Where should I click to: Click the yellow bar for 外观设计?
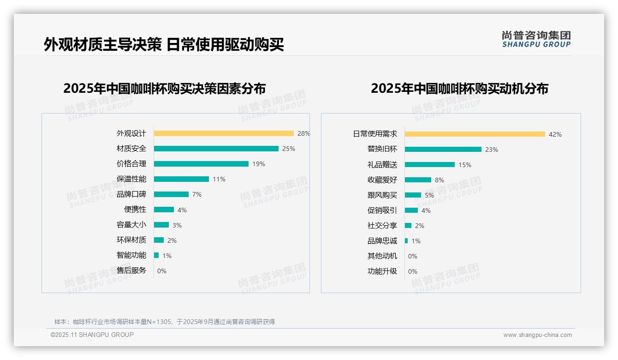click(224, 133)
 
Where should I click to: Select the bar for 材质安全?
click(216, 149)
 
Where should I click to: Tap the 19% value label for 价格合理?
click(258, 164)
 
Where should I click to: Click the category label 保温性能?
click(131, 179)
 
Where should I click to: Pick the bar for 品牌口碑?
click(171, 194)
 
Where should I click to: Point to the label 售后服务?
click(131, 270)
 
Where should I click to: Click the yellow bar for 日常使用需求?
click(475, 134)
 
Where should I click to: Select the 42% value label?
click(555, 134)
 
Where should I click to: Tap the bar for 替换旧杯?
click(443, 149)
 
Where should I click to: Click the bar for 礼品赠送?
click(429, 164)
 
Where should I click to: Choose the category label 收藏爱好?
click(382, 180)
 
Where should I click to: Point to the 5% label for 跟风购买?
click(429, 195)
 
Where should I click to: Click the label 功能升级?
click(382, 271)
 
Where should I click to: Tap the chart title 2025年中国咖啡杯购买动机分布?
click(459, 88)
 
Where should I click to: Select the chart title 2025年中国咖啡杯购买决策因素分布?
click(165, 88)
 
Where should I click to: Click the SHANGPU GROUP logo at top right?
click(536, 39)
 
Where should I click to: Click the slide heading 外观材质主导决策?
click(103, 44)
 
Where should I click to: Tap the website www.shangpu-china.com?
click(537, 335)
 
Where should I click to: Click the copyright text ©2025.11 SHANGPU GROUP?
click(92, 335)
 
